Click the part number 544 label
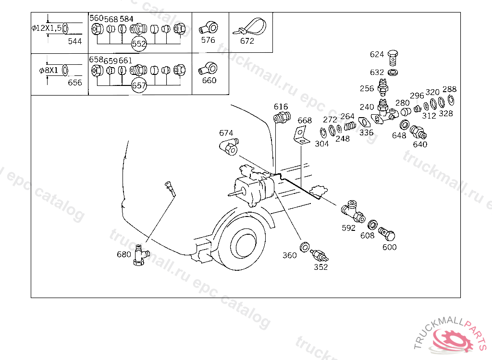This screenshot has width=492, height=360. (x=74, y=41)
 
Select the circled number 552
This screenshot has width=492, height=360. (x=139, y=44)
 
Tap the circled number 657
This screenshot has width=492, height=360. (x=139, y=85)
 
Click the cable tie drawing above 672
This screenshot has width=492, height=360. (x=250, y=27)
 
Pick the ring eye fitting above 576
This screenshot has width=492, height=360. (x=209, y=28)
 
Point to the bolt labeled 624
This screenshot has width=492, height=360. (x=392, y=58)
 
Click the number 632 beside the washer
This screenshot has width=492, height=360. (x=377, y=72)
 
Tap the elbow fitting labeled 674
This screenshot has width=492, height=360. (x=229, y=147)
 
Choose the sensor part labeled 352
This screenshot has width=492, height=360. (x=319, y=255)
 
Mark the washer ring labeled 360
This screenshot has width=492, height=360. (x=304, y=247)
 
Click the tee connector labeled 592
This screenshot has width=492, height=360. (x=353, y=211)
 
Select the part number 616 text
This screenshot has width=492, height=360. (x=281, y=107)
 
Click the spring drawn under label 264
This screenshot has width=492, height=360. (x=350, y=126)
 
